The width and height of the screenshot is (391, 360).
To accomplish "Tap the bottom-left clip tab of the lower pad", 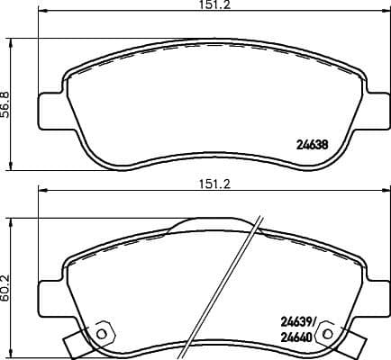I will pos(77,343).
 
